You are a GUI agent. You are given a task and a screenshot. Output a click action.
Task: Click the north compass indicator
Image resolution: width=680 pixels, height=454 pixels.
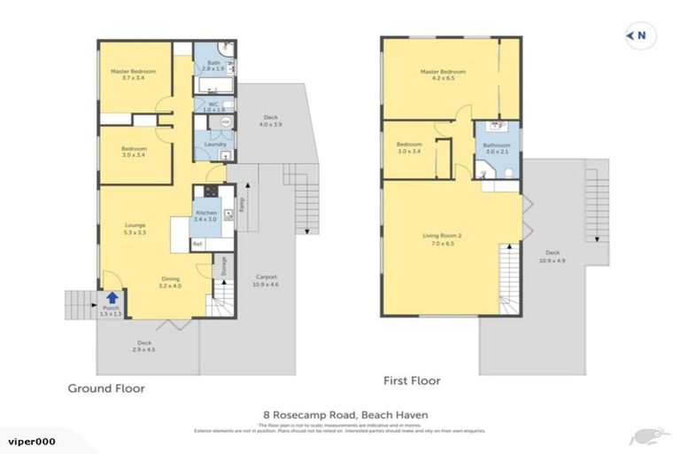638,36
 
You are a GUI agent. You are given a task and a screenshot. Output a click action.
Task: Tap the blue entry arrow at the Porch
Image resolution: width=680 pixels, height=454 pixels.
112,299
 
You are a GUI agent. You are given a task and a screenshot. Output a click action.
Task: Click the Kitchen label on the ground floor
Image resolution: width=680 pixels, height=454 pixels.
205,215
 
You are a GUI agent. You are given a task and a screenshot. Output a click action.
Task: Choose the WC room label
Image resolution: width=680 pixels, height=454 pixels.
212,106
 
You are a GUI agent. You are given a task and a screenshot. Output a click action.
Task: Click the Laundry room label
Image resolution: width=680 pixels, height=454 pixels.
215,145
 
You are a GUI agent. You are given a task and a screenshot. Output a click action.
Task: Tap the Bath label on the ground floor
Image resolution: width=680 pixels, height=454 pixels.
212,65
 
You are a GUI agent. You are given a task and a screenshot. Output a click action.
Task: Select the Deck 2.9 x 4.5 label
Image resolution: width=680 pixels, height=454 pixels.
143,347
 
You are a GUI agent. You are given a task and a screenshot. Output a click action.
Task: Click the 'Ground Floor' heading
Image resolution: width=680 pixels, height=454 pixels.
106,388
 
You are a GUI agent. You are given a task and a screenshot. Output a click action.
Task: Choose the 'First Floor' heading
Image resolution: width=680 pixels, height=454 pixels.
412,381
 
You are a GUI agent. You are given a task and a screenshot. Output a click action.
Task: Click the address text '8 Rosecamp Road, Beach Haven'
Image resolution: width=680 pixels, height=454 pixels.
339,414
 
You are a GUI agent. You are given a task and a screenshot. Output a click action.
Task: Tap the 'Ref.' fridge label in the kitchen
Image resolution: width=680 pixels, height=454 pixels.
197,244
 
